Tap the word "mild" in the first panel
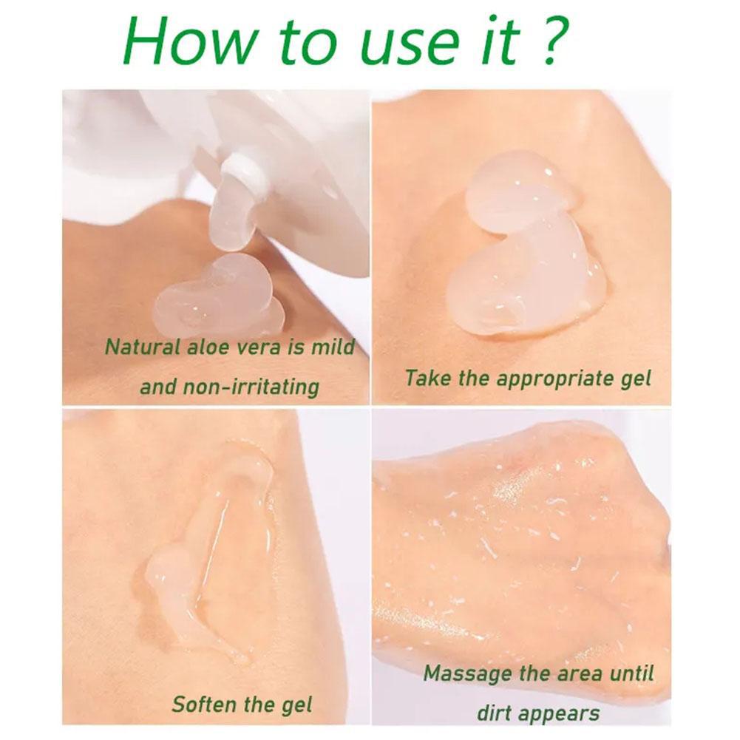click(x=330, y=346)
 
